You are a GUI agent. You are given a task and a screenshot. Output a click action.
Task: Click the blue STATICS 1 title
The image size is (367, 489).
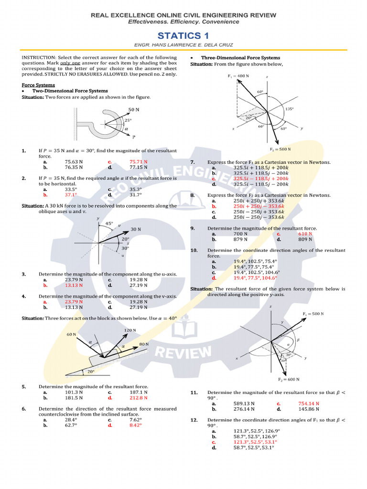pyautogui.click(x=183, y=36)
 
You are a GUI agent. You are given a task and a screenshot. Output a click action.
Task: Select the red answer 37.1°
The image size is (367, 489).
pyautogui.click(x=71, y=195)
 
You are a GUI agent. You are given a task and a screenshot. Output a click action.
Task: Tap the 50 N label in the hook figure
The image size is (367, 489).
pyautogui.click(x=133, y=109)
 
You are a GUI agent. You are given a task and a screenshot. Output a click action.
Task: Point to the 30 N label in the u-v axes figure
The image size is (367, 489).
pyautogui.click(x=136, y=229)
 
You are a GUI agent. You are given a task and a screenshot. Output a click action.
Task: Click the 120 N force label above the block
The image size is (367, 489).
pyautogui.click(x=130, y=330)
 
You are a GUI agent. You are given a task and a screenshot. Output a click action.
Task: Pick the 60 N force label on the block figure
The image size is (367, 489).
pyautogui.click(x=72, y=335)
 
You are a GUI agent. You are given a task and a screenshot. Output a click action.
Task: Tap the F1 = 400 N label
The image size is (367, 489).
pyautogui.click(x=238, y=76)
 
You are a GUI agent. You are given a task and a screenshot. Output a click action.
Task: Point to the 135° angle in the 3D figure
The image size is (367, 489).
pyautogui.click(x=289, y=109)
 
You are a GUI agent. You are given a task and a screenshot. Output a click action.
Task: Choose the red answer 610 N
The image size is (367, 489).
pyautogui.click(x=305, y=234)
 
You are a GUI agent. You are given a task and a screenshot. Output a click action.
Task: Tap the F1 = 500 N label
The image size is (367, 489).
pyautogui.click(x=313, y=313)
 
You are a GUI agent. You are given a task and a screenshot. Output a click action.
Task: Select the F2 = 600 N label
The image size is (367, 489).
pyautogui.click(x=289, y=379)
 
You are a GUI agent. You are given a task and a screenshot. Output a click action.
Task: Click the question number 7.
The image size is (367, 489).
pyautogui.click(x=192, y=162)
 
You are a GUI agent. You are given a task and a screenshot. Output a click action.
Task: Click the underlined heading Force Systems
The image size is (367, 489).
pyautogui.click(x=35, y=85)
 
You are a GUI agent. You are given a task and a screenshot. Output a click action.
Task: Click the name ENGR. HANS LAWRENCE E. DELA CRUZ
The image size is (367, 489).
pyautogui.click(x=183, y=46)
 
